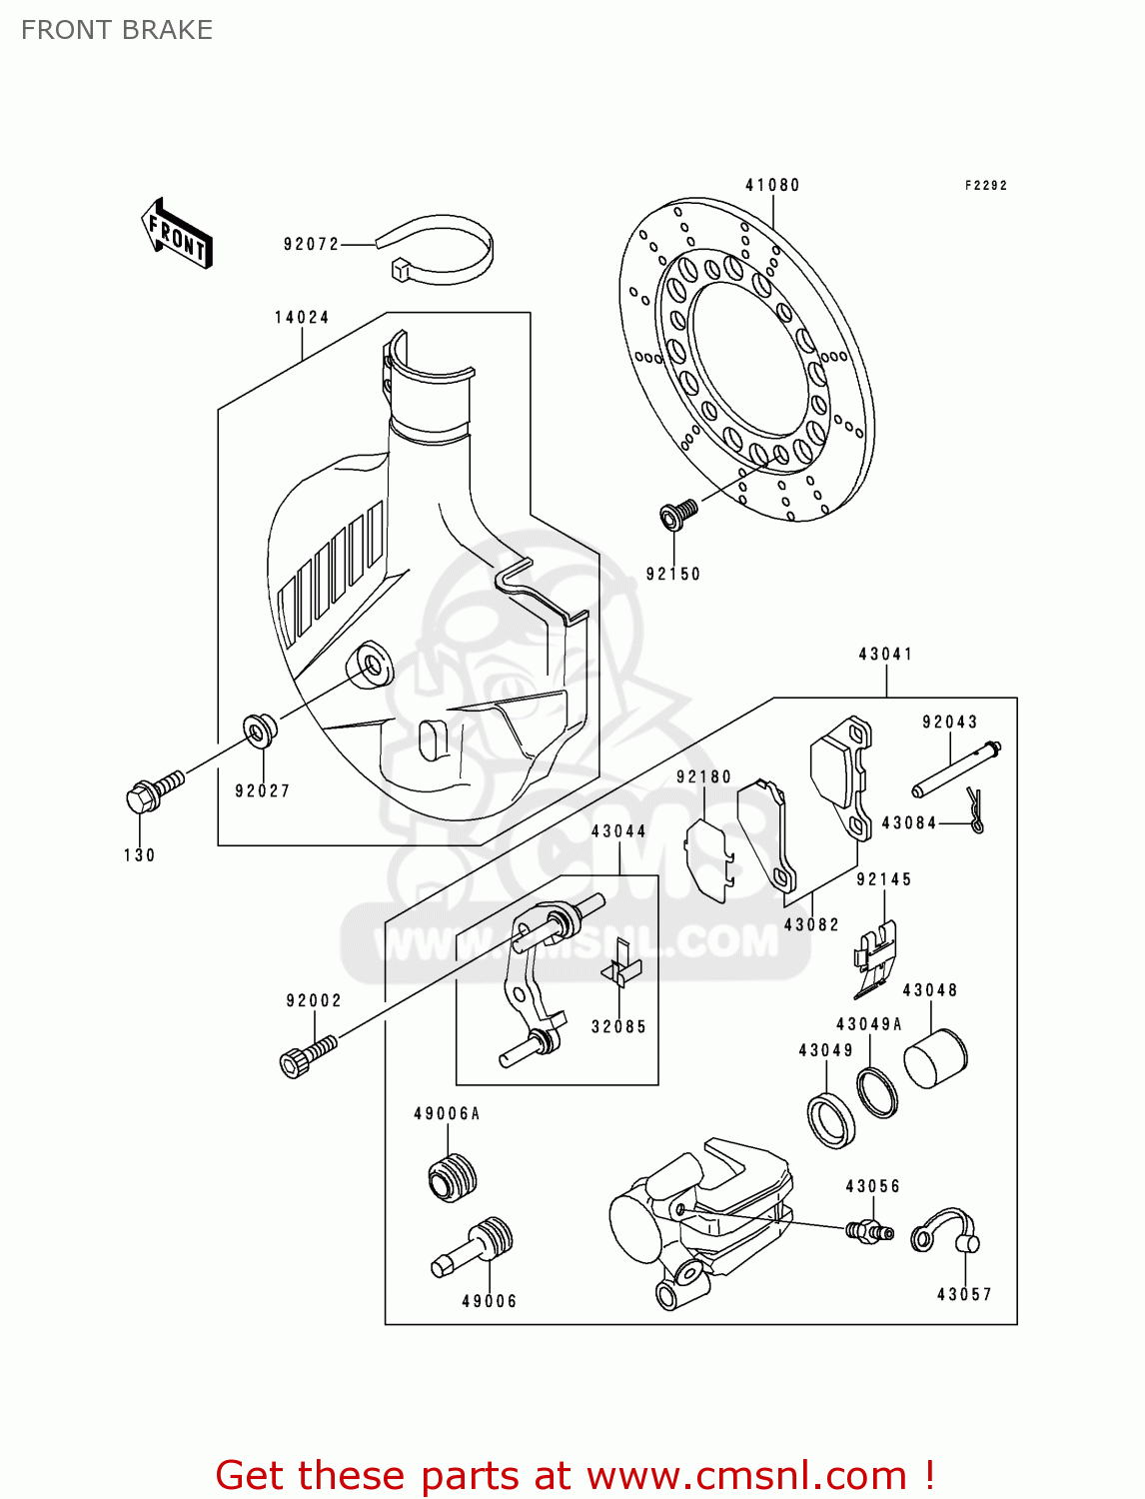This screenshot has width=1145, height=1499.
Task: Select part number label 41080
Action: [772, 185]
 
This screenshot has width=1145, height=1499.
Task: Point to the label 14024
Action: [302, 318]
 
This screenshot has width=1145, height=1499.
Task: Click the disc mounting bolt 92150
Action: [678, 515]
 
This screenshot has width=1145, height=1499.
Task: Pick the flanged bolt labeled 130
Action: [154, 790]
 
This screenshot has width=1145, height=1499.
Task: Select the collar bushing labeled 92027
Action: [260, 732]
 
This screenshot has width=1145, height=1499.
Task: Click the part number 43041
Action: [885, 655]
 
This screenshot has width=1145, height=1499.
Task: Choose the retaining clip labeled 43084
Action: [976, 809]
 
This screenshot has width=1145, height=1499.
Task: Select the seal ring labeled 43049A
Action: [877, 1092]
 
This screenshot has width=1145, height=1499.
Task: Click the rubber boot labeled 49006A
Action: [452, 1176]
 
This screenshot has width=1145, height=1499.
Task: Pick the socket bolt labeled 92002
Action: [306, 1056]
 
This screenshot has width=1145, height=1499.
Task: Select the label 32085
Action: [618, 1026]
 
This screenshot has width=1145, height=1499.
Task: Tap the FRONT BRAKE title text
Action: [117, 30]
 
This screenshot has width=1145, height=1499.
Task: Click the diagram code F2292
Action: [985, 186]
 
